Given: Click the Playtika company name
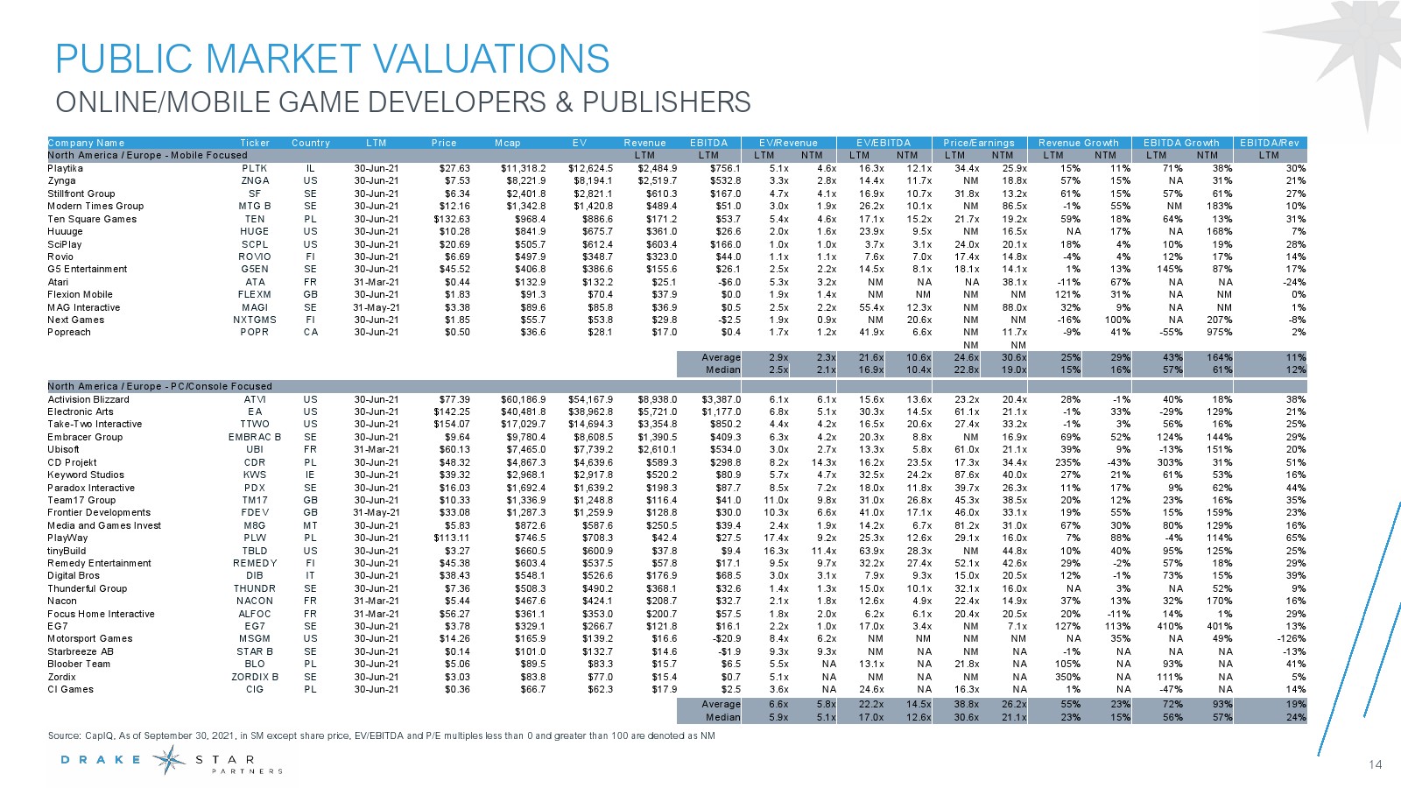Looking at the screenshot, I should pyautogui.click(x=66, y=168).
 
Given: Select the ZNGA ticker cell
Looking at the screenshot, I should pyautogui.click(x=255, y=181).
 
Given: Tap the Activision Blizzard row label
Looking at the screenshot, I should pyautogui.click(x=88, y=399).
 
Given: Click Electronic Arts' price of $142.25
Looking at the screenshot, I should pyautogui.click(x=452, y=412).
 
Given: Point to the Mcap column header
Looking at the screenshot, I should pyautogui.click(x=507, y=143).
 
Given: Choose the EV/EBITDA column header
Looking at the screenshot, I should pyautogui.click(x=883, y=143).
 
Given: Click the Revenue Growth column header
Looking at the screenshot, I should pyautogui.click(x=1078, y=143).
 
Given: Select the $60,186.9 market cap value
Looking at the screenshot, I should pyautogui.click(x=523, y=399).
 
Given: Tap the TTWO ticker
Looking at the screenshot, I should pyautogui.click(x=255, y=425).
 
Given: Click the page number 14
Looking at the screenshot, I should pyautogui.click(x=1375, y=765).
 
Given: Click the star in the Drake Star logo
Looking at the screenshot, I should pyautogui.click(x=169, y=760).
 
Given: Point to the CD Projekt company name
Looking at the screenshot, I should pyautogui.click(x=72, y=462).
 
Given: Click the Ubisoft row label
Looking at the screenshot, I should pyautogui.click(x=63, y=450).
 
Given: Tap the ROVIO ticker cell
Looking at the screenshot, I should pyautogui.click(x=255, y=257).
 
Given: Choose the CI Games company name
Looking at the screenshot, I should pyautogui.click(x=70, y=689).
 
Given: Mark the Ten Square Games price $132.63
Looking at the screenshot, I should pyautogui.click(x=452, y=219).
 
